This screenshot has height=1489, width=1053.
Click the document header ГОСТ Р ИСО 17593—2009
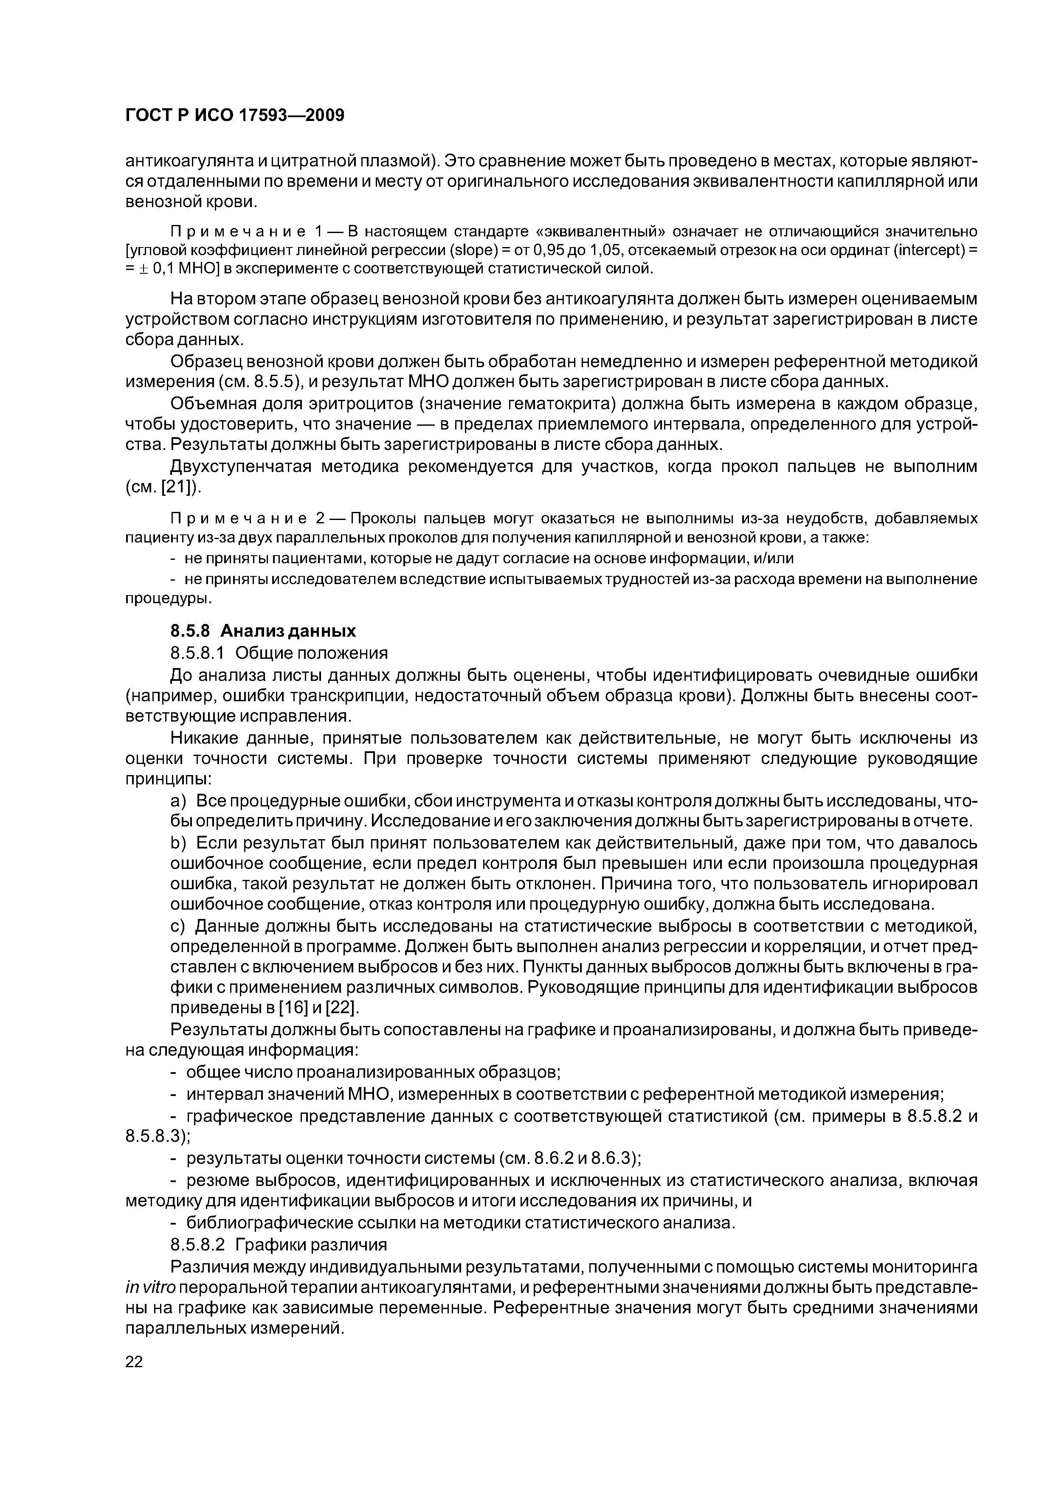click(x=234, y=115)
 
